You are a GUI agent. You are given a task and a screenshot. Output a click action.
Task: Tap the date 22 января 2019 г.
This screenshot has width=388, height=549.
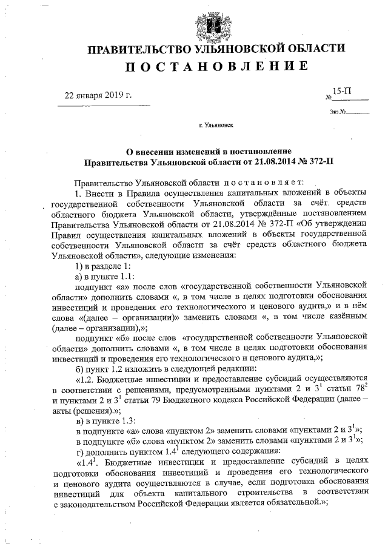click(x=98, y=95)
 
